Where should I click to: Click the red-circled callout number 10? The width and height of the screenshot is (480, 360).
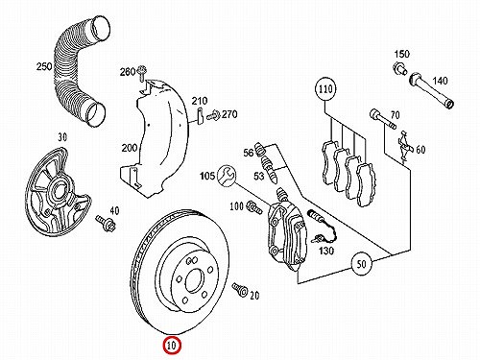(172, 346)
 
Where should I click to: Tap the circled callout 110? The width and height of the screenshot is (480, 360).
(325, 88)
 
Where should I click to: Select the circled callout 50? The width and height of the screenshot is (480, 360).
(361, 264)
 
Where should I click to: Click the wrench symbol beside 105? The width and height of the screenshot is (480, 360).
(227, 176)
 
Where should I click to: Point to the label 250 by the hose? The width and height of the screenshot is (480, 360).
(44, 66)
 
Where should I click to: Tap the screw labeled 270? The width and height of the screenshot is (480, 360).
(213, 115)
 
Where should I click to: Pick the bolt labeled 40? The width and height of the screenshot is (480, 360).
(104, 222)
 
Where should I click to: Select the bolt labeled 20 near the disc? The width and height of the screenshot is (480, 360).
(240, 289)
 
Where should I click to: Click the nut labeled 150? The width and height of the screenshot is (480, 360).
(399, 68)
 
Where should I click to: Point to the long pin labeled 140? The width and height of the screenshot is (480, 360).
(431, 90)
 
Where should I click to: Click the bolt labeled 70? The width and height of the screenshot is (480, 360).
(383, 119)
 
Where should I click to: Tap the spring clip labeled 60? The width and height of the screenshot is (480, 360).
(404, 147)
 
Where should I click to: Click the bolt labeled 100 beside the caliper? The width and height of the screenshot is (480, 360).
(254, 207)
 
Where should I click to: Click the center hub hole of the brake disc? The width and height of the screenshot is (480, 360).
(194, 280)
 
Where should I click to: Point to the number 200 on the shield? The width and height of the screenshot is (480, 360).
(129, 148)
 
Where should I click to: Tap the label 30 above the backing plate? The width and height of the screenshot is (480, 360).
(62, 137)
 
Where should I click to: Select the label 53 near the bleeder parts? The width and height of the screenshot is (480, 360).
(258, 176)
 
